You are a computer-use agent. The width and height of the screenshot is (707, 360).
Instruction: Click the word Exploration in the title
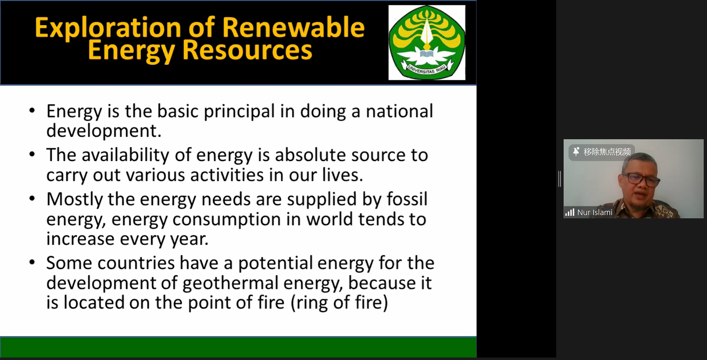coord(108,28)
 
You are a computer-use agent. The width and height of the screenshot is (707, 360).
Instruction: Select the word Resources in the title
coord(247,50)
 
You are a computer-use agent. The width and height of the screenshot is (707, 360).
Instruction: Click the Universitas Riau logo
coord(427,42)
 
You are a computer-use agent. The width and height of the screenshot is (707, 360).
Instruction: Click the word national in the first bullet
coord(400,111)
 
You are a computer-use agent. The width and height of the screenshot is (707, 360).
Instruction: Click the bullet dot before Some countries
coord(32,262)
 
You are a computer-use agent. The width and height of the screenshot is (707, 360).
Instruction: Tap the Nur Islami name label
coord(595,213)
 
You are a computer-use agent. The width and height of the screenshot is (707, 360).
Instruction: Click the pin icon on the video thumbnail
coord(576,152)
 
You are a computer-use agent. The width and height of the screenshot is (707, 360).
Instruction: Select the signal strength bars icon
coord(570,213)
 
